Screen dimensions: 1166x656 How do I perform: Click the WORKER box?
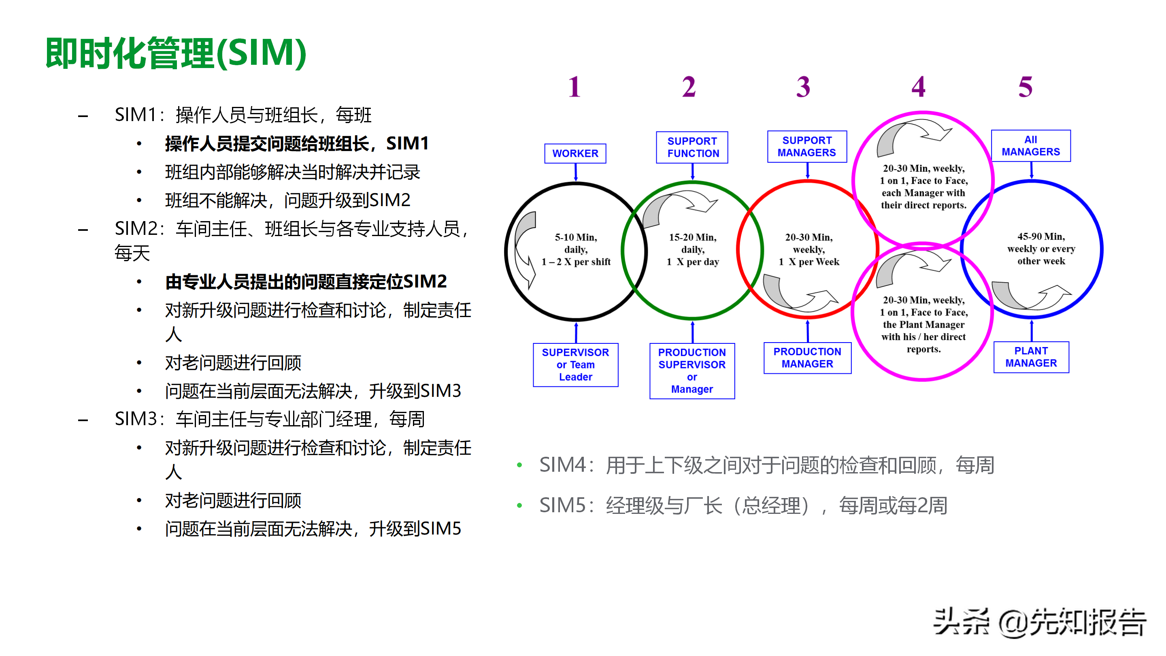(575, 153)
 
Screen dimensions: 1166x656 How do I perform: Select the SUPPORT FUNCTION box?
(692, 147)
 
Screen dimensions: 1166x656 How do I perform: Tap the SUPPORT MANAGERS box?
(806, 146)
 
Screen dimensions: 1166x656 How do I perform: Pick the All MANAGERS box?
(1031, 146)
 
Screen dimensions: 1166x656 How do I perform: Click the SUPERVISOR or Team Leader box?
(575, 364)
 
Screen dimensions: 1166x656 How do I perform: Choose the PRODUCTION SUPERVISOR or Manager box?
(692, 371)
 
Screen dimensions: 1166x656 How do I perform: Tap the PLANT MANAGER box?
(1031, 357)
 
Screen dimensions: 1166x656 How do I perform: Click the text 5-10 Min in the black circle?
(576, 237)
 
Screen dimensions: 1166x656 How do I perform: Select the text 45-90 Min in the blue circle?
(1041, 236)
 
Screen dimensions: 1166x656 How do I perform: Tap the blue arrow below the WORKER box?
(575, 172)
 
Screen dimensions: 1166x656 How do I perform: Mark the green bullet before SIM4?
(519, 465)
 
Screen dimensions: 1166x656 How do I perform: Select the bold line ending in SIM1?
(296, 143)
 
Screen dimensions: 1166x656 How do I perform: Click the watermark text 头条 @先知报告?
(1039, 622)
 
